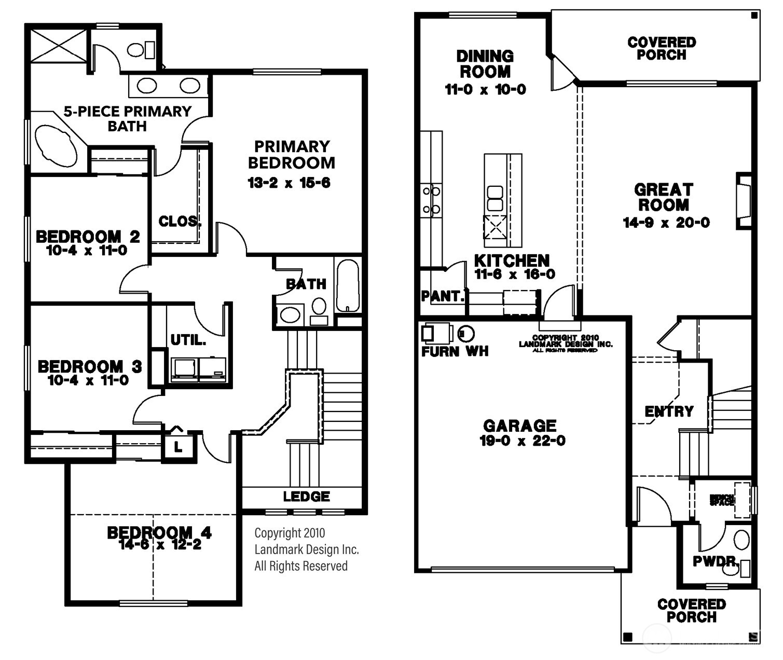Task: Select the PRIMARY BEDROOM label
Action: click(292, 155)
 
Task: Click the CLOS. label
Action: click(180, 222)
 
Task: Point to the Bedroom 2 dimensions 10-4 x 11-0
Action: click(87, 251)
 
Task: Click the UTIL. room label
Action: click(188, 340)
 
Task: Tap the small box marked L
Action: click(178, 447)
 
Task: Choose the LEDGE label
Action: click(306, 497)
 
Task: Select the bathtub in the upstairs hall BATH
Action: click(348, 285)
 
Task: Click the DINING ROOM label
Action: click(485, 64)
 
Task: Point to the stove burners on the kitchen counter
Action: click(432, 200)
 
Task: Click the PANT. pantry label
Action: click(442, 296)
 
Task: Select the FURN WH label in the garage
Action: click(455, 352)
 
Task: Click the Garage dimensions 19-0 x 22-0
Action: click(522, 441)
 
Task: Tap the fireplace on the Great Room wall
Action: click(744, 201)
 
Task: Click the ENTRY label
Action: click(669, 411)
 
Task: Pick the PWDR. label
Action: click(716, 561)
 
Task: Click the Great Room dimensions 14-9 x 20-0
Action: click(666, 223)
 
